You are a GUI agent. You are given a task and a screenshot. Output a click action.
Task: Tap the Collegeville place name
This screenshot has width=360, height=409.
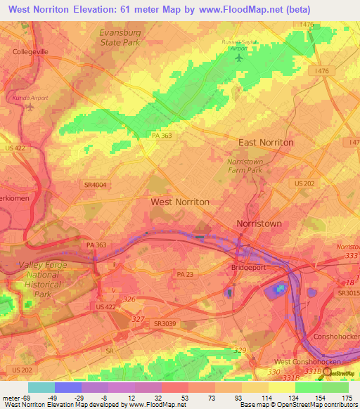tap(30, 51)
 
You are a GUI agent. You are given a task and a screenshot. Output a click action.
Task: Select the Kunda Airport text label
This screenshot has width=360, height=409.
tap(30, 98)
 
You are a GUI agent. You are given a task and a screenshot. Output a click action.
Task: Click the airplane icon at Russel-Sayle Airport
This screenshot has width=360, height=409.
tap(239, 58)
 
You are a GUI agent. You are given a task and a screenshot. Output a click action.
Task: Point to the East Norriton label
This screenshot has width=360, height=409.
tap(266, 142)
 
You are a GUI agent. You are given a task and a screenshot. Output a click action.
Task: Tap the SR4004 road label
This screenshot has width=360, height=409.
tap(95, 184)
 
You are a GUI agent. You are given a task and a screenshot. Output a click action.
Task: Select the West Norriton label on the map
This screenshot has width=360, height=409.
tap(180, 202)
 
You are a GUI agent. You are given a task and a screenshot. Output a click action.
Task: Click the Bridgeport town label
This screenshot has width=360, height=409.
tap(247, 268)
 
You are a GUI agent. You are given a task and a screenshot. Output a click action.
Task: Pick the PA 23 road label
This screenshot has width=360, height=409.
tap(186, 273)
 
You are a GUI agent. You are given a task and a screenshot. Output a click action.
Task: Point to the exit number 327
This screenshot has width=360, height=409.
tap(138, 318)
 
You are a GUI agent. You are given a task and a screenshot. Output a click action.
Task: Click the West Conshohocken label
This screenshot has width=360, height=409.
tap(302, 361)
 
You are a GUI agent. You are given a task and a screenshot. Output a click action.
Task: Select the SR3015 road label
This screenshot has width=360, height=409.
tap(348, 292)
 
